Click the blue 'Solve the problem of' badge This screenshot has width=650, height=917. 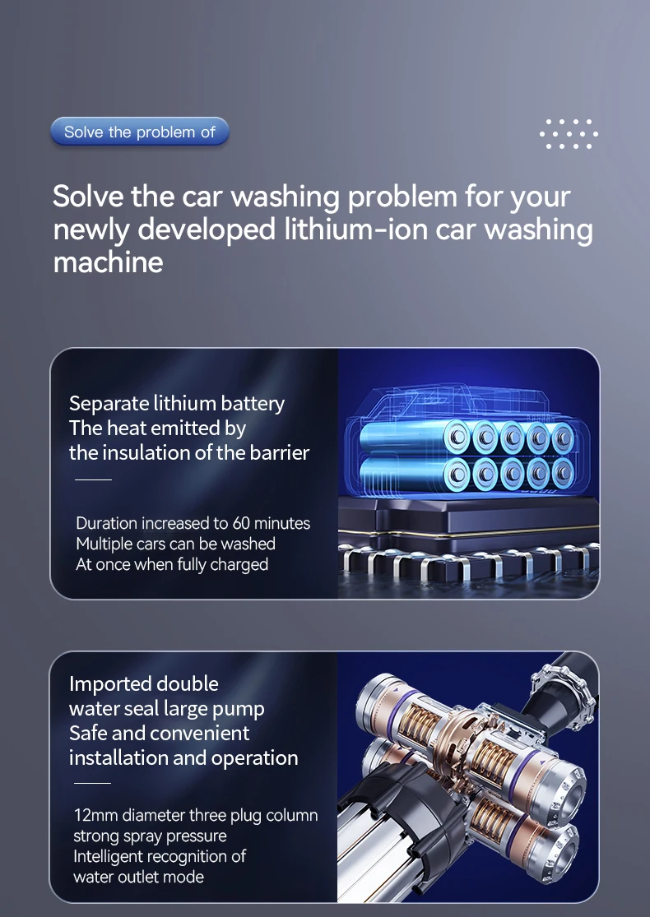pyautogui.click(x=139, y=132)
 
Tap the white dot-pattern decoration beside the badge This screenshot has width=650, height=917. pyautogui.click(x=568, y=134)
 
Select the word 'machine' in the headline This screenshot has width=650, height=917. pyautogui.click(x=109, y=262)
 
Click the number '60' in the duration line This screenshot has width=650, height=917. pyautogui.click(x=241, y=523)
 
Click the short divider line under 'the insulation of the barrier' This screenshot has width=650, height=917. pyautogui.click(x=93, y=479)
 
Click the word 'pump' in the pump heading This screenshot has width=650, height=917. pyautogui.click(x=238, y=711)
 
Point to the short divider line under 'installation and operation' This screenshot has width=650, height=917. pyautogui.click(x=92, y=783)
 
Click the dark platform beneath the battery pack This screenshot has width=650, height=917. pyautogui.click(x=468, y=521)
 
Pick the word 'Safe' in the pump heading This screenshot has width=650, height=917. pyautogui.click(x=88, y=734)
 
